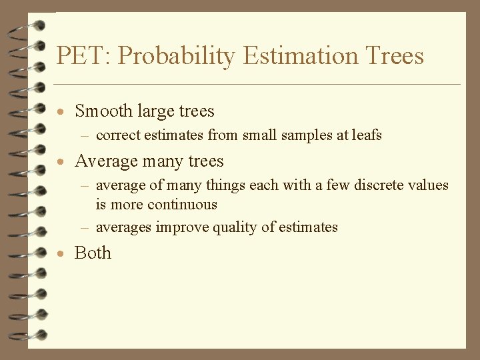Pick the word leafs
click(367, 135)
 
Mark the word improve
click(182, 227)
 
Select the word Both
click(93, 253)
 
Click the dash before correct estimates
click(85, 136)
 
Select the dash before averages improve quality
click(85, 228)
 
